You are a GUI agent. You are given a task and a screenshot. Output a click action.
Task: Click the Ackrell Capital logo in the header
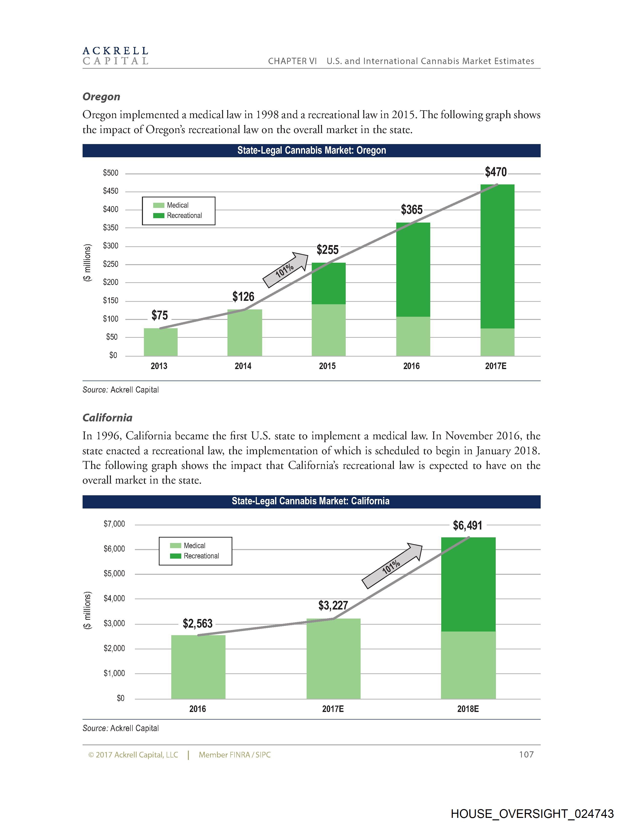tap(115, 56)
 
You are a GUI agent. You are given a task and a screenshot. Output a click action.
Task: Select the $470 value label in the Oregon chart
tap(495, 172)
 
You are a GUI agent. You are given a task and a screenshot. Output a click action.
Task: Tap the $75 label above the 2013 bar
tap(160, 316)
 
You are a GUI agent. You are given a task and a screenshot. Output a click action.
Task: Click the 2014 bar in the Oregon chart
tap(245, 332)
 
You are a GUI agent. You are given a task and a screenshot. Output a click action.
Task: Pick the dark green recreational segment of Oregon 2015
tap(328, 283)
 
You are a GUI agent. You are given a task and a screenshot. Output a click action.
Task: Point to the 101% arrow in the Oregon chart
tap(285, 270)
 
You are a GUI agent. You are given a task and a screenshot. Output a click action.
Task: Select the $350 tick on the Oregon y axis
tap(110, 228)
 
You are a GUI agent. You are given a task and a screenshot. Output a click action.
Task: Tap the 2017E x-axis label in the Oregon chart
tap(495, 366)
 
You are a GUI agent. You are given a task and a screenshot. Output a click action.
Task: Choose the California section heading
tap(107, 418)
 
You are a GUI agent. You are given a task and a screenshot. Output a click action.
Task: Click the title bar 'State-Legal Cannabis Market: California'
tap(311, 501)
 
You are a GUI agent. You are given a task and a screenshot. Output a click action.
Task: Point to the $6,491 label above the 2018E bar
tap(467, 526)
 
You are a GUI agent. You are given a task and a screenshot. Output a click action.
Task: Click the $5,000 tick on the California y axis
tap(114, 574)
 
